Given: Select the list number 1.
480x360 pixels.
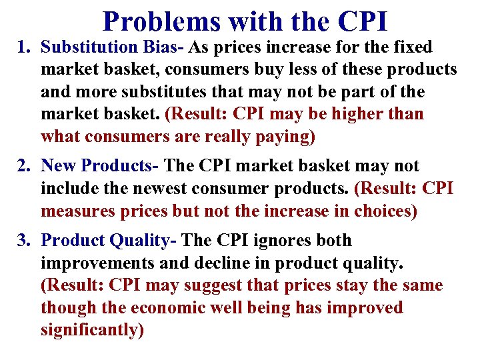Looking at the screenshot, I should (21, 48).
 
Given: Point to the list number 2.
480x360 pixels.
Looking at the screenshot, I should (21, 166).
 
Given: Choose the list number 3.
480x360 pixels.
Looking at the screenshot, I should (21, 241).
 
